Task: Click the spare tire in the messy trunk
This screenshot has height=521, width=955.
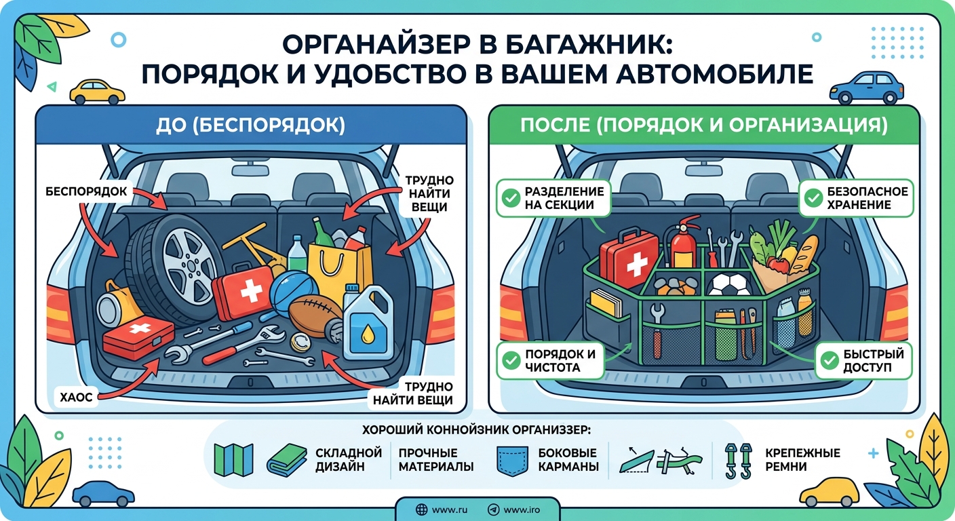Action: pos(178,271)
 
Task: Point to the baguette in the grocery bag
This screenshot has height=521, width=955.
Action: pos(806,254)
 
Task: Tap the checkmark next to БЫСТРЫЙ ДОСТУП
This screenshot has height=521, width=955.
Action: pos(828,361)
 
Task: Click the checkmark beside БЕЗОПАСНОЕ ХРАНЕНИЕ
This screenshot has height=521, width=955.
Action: pos(813,198)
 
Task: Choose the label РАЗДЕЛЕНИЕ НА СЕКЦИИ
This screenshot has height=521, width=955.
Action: pos(559,198)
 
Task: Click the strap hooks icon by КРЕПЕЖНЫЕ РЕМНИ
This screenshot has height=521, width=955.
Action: pos(738,461)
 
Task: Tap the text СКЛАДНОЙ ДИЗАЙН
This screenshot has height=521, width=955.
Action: pos(349,460)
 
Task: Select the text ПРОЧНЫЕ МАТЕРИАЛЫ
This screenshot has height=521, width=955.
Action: pos(436,460)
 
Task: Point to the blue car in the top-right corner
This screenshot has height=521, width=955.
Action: pos(866,87)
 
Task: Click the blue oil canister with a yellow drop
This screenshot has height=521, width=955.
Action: pos(368,324)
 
